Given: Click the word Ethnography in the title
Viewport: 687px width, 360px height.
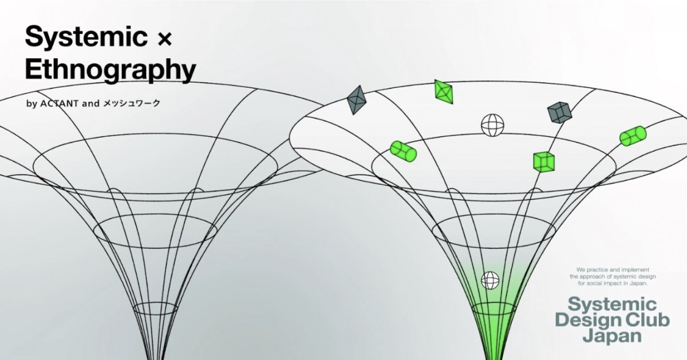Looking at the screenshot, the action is click(110, 71).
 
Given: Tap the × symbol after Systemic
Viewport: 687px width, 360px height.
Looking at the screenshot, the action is click(165, 40).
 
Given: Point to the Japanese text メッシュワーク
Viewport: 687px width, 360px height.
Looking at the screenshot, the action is click(132, 104).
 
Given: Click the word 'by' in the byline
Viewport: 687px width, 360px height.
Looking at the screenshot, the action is click(31, 104).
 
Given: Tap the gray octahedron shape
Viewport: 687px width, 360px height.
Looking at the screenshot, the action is click(356, 100).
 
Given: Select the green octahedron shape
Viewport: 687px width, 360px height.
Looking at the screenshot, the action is click(444, 92).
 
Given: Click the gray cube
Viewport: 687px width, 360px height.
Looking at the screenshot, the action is click(560, 112).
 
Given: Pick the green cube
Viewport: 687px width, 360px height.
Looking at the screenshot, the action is click(544, 162).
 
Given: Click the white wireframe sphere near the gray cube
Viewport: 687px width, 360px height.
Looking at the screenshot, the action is click(492, 125).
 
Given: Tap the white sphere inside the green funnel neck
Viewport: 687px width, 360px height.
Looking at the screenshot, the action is click(490, 280).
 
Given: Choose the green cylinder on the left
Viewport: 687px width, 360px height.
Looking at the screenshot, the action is click(403, 151).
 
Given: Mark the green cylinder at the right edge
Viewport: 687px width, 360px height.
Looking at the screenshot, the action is click(633, 136).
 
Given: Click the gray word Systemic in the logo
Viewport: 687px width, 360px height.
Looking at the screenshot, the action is click(612, 304).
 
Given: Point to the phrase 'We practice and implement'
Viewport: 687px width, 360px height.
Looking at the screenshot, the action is click(613, 270).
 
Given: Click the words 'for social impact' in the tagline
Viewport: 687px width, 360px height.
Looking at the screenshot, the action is click(598, 283).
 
